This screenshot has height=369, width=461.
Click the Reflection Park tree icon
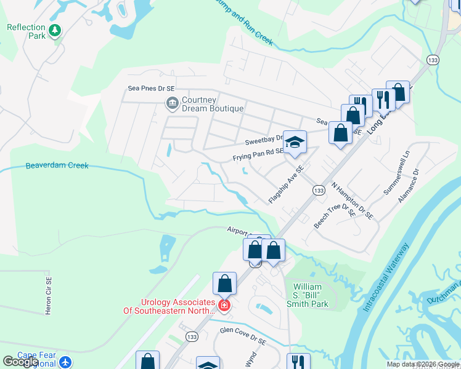tap(55, 30)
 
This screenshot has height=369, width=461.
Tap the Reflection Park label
tap(27, 31)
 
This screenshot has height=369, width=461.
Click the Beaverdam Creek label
tap(57, 165)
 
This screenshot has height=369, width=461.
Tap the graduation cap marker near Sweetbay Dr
tap(295, 143)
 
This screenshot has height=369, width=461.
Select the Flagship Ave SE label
tap(287, 184)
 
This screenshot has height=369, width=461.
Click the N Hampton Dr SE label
tap(352, 200)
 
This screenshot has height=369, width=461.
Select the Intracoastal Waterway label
tap(386, 277)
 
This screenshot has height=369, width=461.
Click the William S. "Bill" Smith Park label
tap(311, 295)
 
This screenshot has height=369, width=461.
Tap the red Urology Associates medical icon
tap(224, 305)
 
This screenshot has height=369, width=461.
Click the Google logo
tap(21, 362)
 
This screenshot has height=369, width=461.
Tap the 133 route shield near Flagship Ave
tap(318, 191)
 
